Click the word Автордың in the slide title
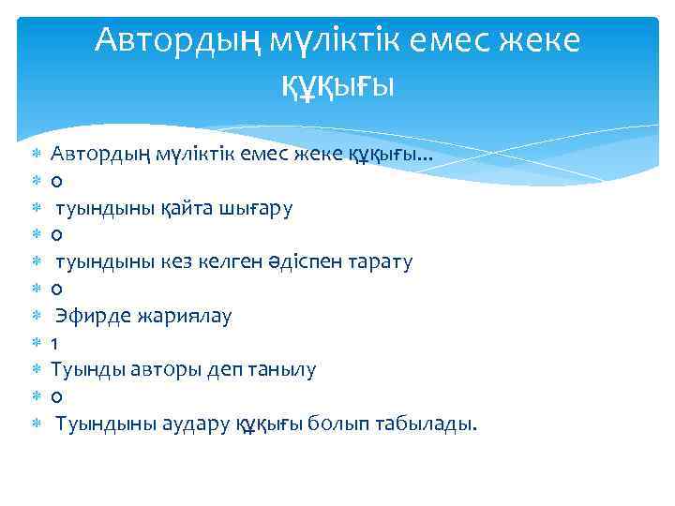177,40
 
